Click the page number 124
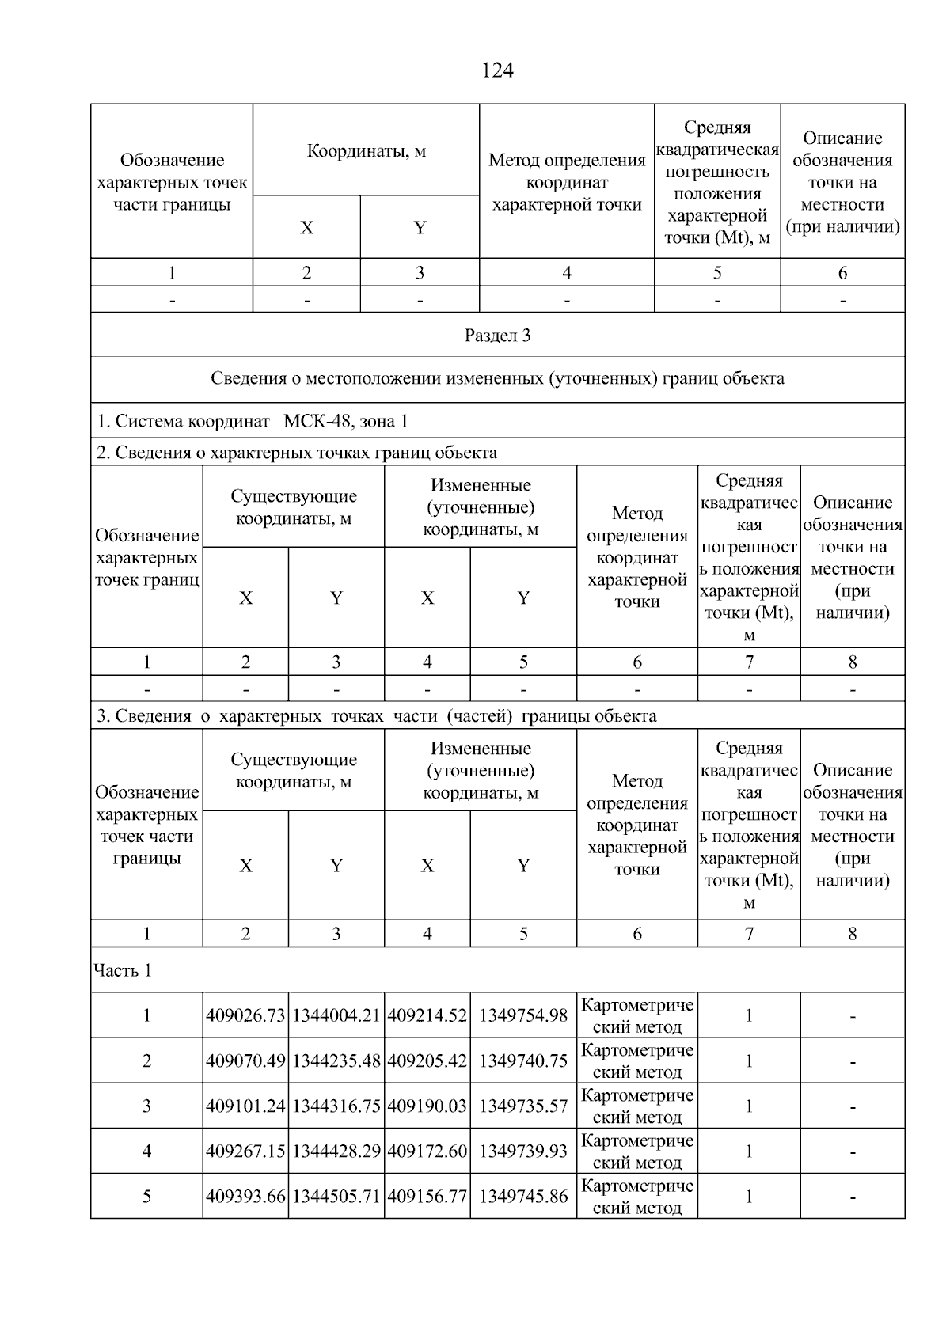coord(497,71)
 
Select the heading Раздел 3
coord(497,336)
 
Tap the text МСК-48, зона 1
coord(345,421)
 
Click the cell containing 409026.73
coord(245,1015)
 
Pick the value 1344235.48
coord(336,1061)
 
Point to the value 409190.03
coord(427,1106)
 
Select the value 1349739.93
coord(523,1151)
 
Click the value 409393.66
coord(245,1197)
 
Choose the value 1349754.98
coord(523,1015)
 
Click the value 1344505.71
coord(336,1197)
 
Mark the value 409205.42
coord(427,1061)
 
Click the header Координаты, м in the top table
coord(366,150)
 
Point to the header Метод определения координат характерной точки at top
coord(567,183)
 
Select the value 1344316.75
coord(336,1106)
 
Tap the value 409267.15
coord(245,1151)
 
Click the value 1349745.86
coord(523,1197)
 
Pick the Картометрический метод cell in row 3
coord(637,1106)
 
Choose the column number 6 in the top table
coord(842,273)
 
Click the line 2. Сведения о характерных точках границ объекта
coord(297,453)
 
